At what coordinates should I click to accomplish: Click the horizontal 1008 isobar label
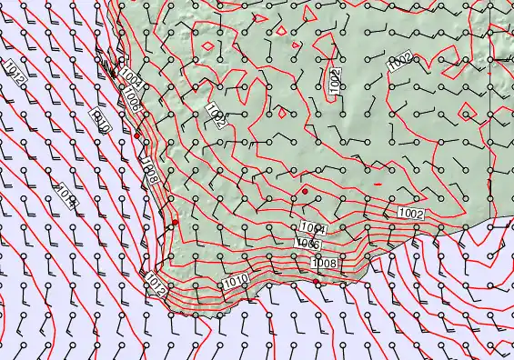[324, 263]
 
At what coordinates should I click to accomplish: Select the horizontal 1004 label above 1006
[312, 228]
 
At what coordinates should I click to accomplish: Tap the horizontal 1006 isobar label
[307, 244]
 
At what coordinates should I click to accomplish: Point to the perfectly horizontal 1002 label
[411, 213]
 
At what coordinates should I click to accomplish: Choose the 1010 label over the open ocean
[100, 120]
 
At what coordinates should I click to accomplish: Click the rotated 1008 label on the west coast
[150, 170]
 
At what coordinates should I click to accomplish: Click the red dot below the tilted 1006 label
[137, 135]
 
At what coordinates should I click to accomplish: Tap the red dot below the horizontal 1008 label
[317, 283]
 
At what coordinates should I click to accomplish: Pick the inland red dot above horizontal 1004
[305, 189]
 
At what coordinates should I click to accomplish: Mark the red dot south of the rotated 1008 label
[175, 222]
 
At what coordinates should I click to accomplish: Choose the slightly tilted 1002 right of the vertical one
[400, 62]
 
